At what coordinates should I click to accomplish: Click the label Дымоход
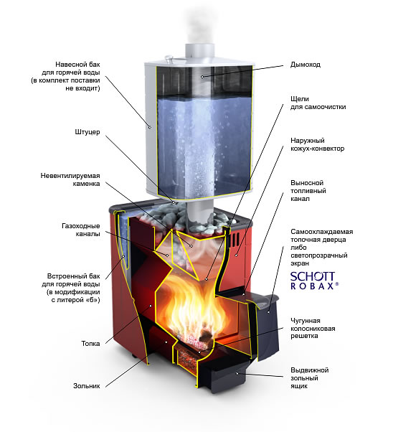305,65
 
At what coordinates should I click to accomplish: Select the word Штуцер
87,132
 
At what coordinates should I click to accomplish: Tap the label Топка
90,344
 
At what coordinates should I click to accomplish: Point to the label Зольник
87,386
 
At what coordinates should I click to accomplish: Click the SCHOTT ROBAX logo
314,281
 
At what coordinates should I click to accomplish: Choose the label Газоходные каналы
81,230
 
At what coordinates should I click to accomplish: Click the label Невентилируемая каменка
70,179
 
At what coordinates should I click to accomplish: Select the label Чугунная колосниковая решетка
313,328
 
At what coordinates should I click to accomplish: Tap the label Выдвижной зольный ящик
310,377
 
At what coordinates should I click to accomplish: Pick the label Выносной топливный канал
308,191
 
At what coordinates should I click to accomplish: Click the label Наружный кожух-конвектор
317,145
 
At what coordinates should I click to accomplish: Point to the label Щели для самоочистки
318,103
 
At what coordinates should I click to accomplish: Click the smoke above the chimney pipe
199,26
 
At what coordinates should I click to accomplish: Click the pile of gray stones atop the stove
181,217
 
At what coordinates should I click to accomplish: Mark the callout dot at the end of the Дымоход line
202,77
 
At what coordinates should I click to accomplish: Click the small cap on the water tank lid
169,58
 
